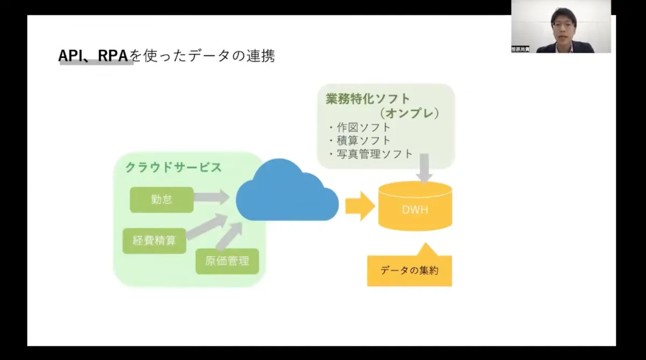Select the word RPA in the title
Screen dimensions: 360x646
click(x=115, y=56)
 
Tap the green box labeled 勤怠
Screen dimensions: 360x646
click(x=161, y=199)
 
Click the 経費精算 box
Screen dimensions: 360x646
click(x=154, y=241)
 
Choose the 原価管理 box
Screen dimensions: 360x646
click(x=227, y=262)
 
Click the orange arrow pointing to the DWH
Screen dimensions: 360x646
click(x=360, y=206)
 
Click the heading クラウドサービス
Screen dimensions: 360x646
click(x=173, y=167)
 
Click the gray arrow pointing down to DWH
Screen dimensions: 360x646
click(x=425, y=169)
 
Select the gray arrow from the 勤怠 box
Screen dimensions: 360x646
click(x=212, y=197)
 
